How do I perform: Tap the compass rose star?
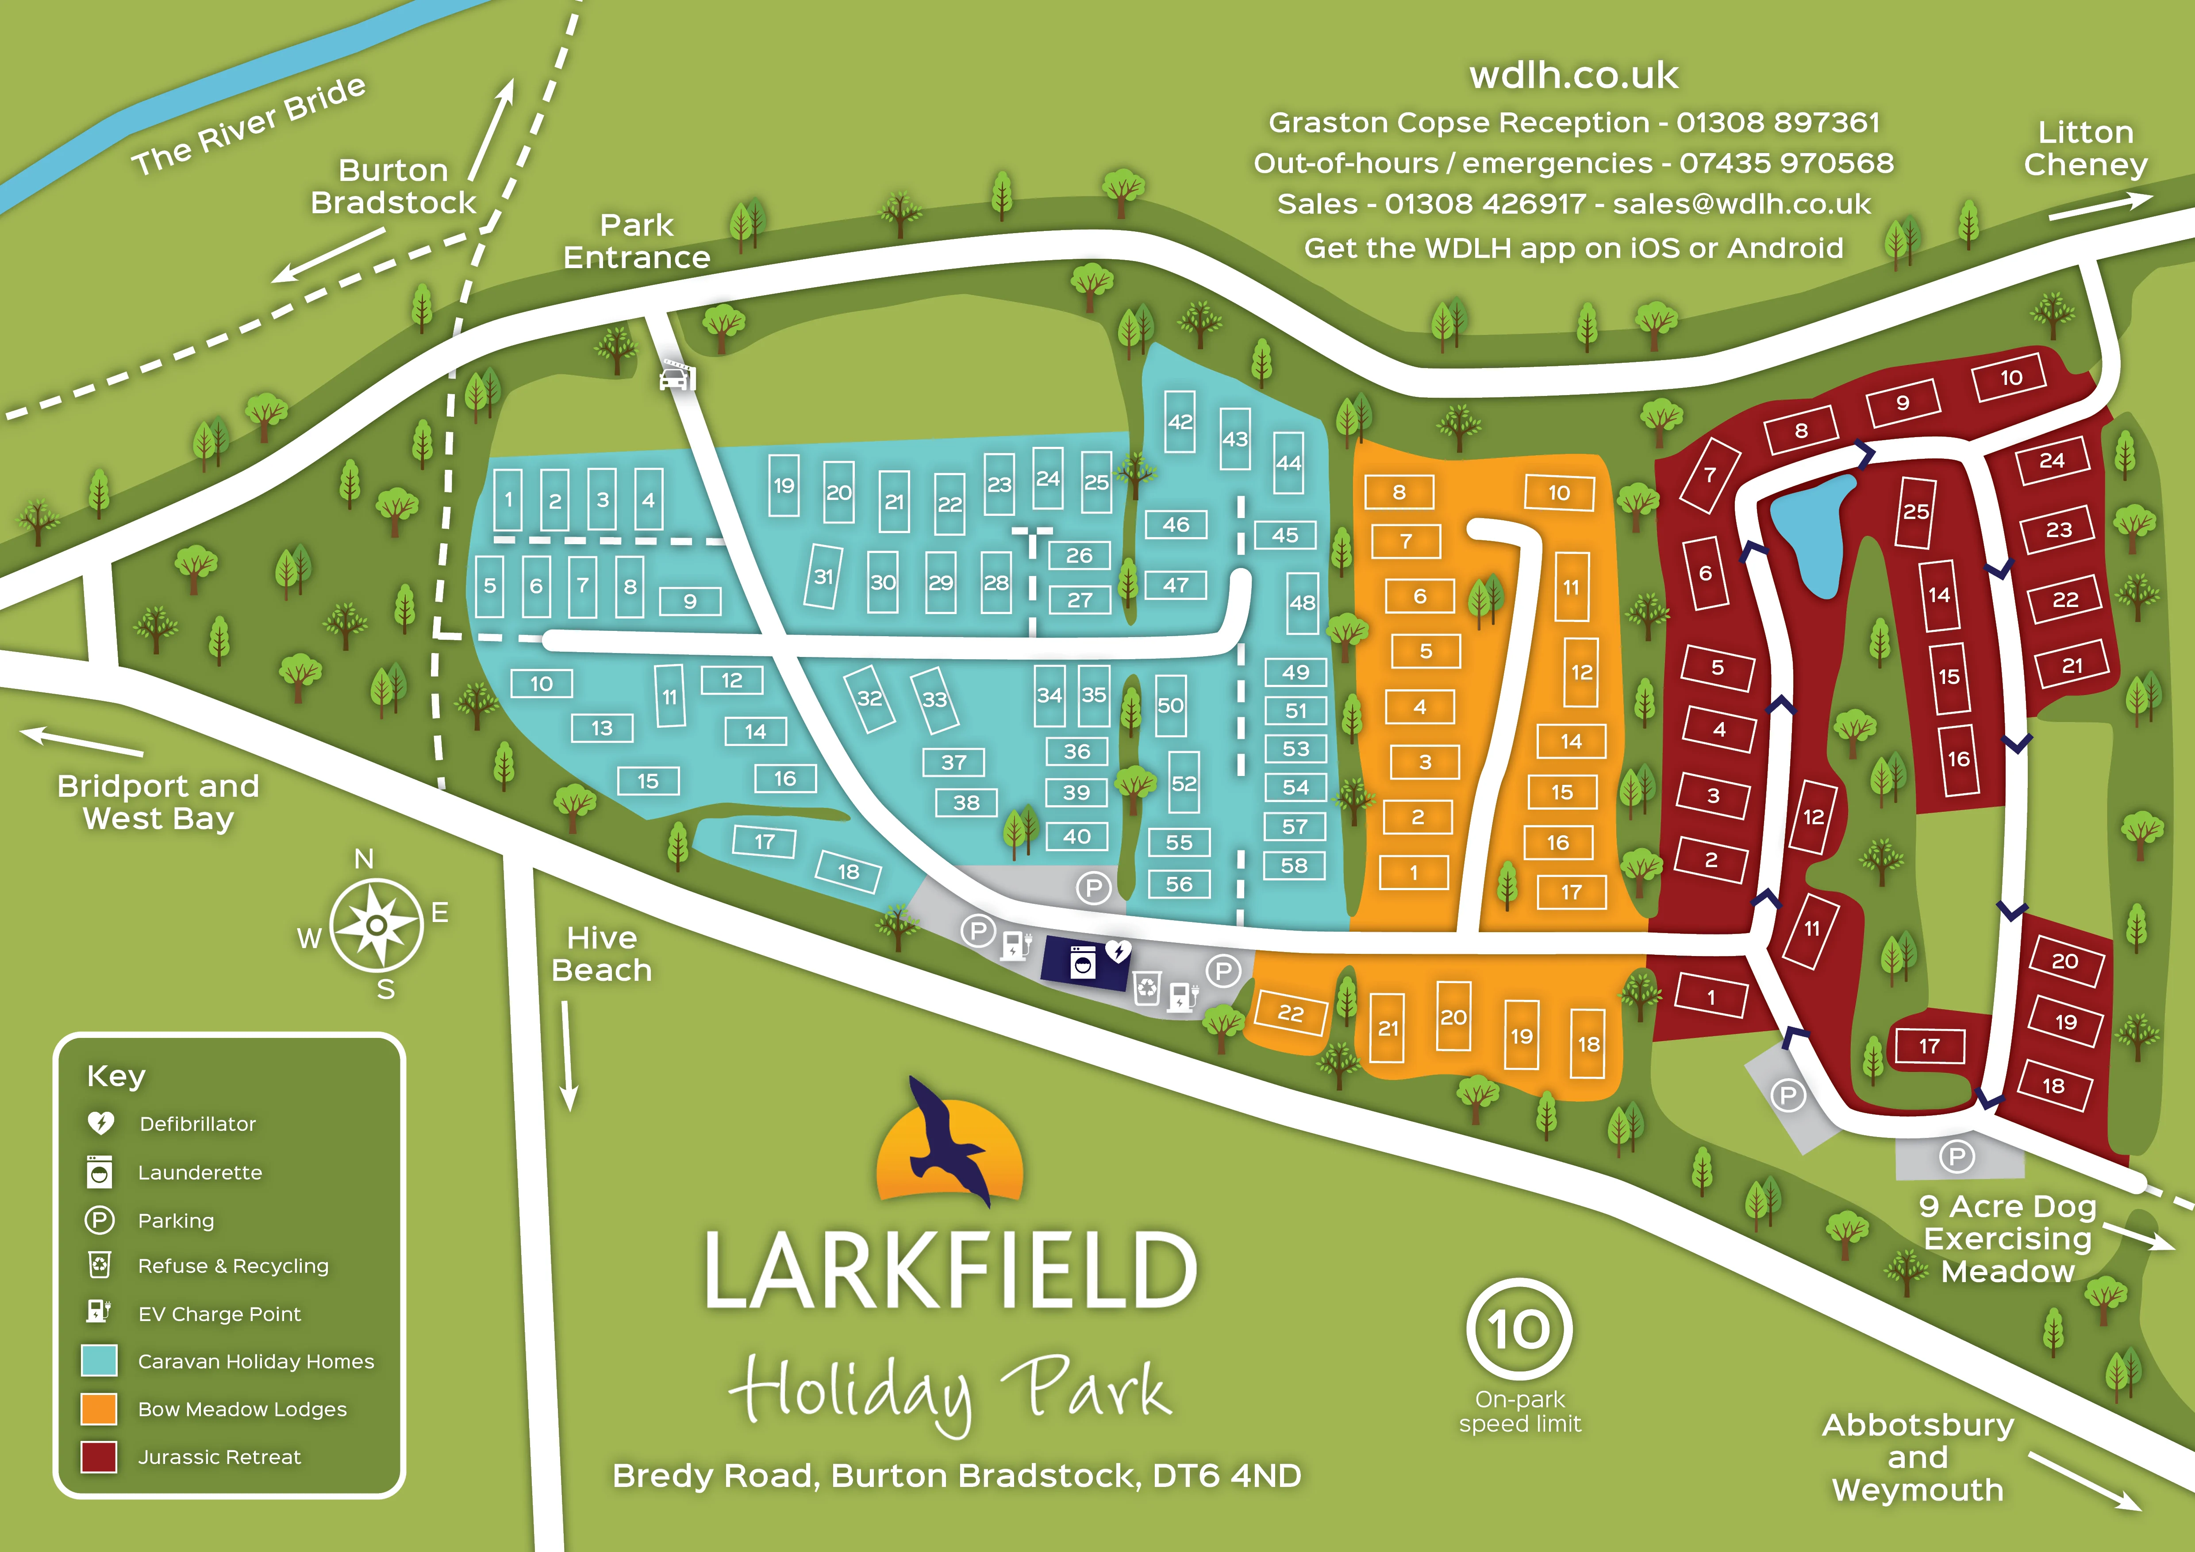pyautogui.click(x=377, y=924)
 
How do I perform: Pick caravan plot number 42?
pyautogui.click(x=1180, y=422)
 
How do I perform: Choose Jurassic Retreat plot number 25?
pyautogui.click(x=1915, y=512)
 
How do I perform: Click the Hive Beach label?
pyautogui.click(x=601, y=954)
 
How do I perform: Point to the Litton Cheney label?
pyautogui.click(x=2085, y=148)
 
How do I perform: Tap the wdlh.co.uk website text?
pyautogui.click(x=1574, y=76)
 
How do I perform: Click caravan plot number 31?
pyautogui.click(x=823, y=576)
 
